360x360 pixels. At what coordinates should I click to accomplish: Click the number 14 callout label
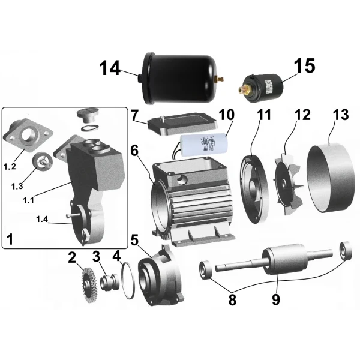coord(110,69)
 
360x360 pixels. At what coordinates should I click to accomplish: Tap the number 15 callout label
coord(305,66)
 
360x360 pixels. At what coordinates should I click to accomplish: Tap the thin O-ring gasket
coord(127,278)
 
